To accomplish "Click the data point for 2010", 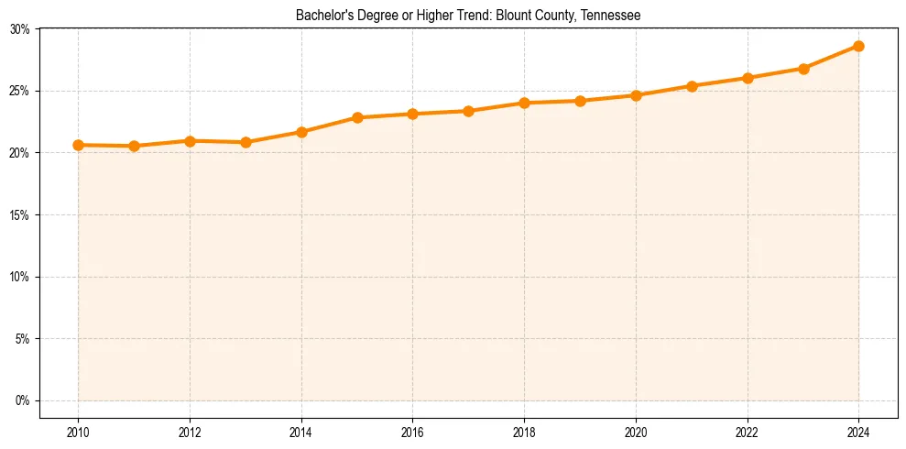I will (79, 145).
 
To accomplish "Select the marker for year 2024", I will (858, 46).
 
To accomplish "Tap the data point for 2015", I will (357, 117).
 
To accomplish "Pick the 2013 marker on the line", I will (246, 142).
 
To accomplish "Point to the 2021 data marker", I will (692, 86).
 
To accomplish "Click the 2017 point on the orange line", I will (468, 111).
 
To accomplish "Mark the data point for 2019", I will (580, 101).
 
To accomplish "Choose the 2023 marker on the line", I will (803, 69).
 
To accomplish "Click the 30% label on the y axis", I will (20, 29).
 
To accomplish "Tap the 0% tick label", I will (23, 400).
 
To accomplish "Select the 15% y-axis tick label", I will (20, 214).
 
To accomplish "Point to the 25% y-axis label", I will (20, 91).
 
